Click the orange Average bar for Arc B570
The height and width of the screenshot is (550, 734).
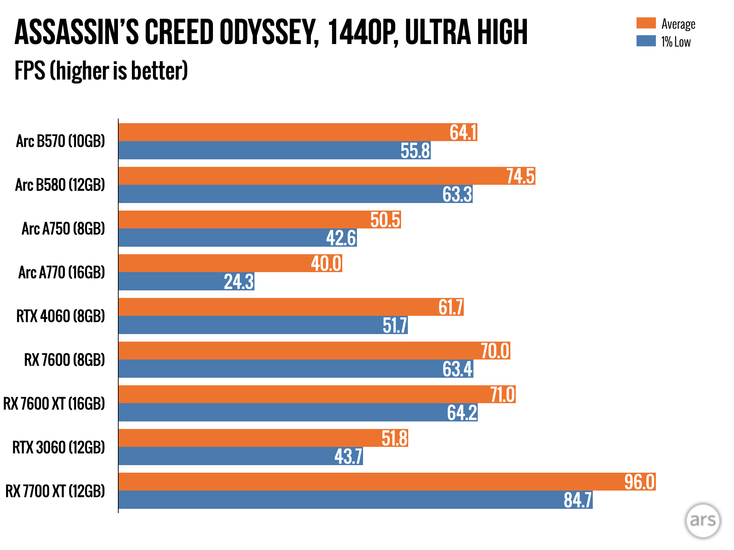[x=280, y=132]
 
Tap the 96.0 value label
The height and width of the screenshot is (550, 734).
[x=639, y=482]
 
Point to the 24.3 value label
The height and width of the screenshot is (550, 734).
[x=239, y=281]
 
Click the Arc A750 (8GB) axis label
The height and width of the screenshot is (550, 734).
[x=63, y=229]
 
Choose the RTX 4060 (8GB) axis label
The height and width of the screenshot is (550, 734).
[x=61, y=316]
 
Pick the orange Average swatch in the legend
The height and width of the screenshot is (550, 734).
[x=646, y=23]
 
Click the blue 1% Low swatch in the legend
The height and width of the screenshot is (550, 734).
[x=646, y=41]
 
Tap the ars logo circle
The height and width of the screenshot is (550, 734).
[x=702, y=520]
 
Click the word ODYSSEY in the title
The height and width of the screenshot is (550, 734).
[x=269, y=32]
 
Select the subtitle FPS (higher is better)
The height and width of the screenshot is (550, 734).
[x=101, y=71]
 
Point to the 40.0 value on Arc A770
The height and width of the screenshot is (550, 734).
[x=326, y=264]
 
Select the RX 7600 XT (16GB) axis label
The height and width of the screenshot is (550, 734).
[x=54, y=404]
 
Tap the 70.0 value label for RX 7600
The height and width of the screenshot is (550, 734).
[x=495, y=351]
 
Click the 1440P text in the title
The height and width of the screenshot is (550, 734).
[x=362, y=32]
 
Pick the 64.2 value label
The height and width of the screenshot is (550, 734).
[x=462, y=412]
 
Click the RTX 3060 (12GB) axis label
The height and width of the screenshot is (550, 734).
[x=58, y=447]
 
